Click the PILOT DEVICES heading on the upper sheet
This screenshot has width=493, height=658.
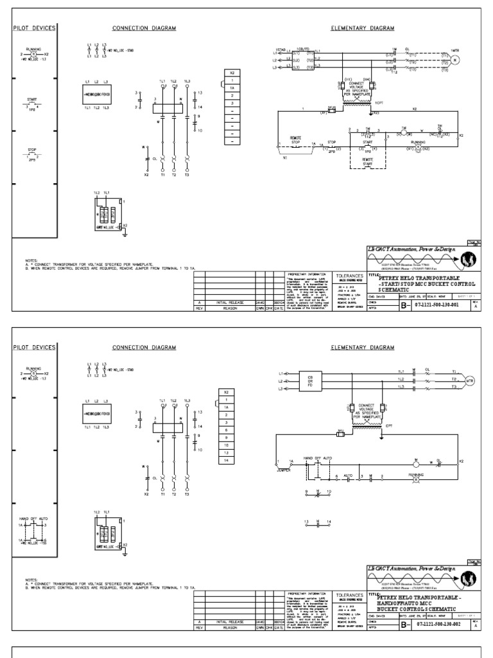[x=35, y=28]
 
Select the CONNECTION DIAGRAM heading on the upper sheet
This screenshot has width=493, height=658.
[x=144, y=28]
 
